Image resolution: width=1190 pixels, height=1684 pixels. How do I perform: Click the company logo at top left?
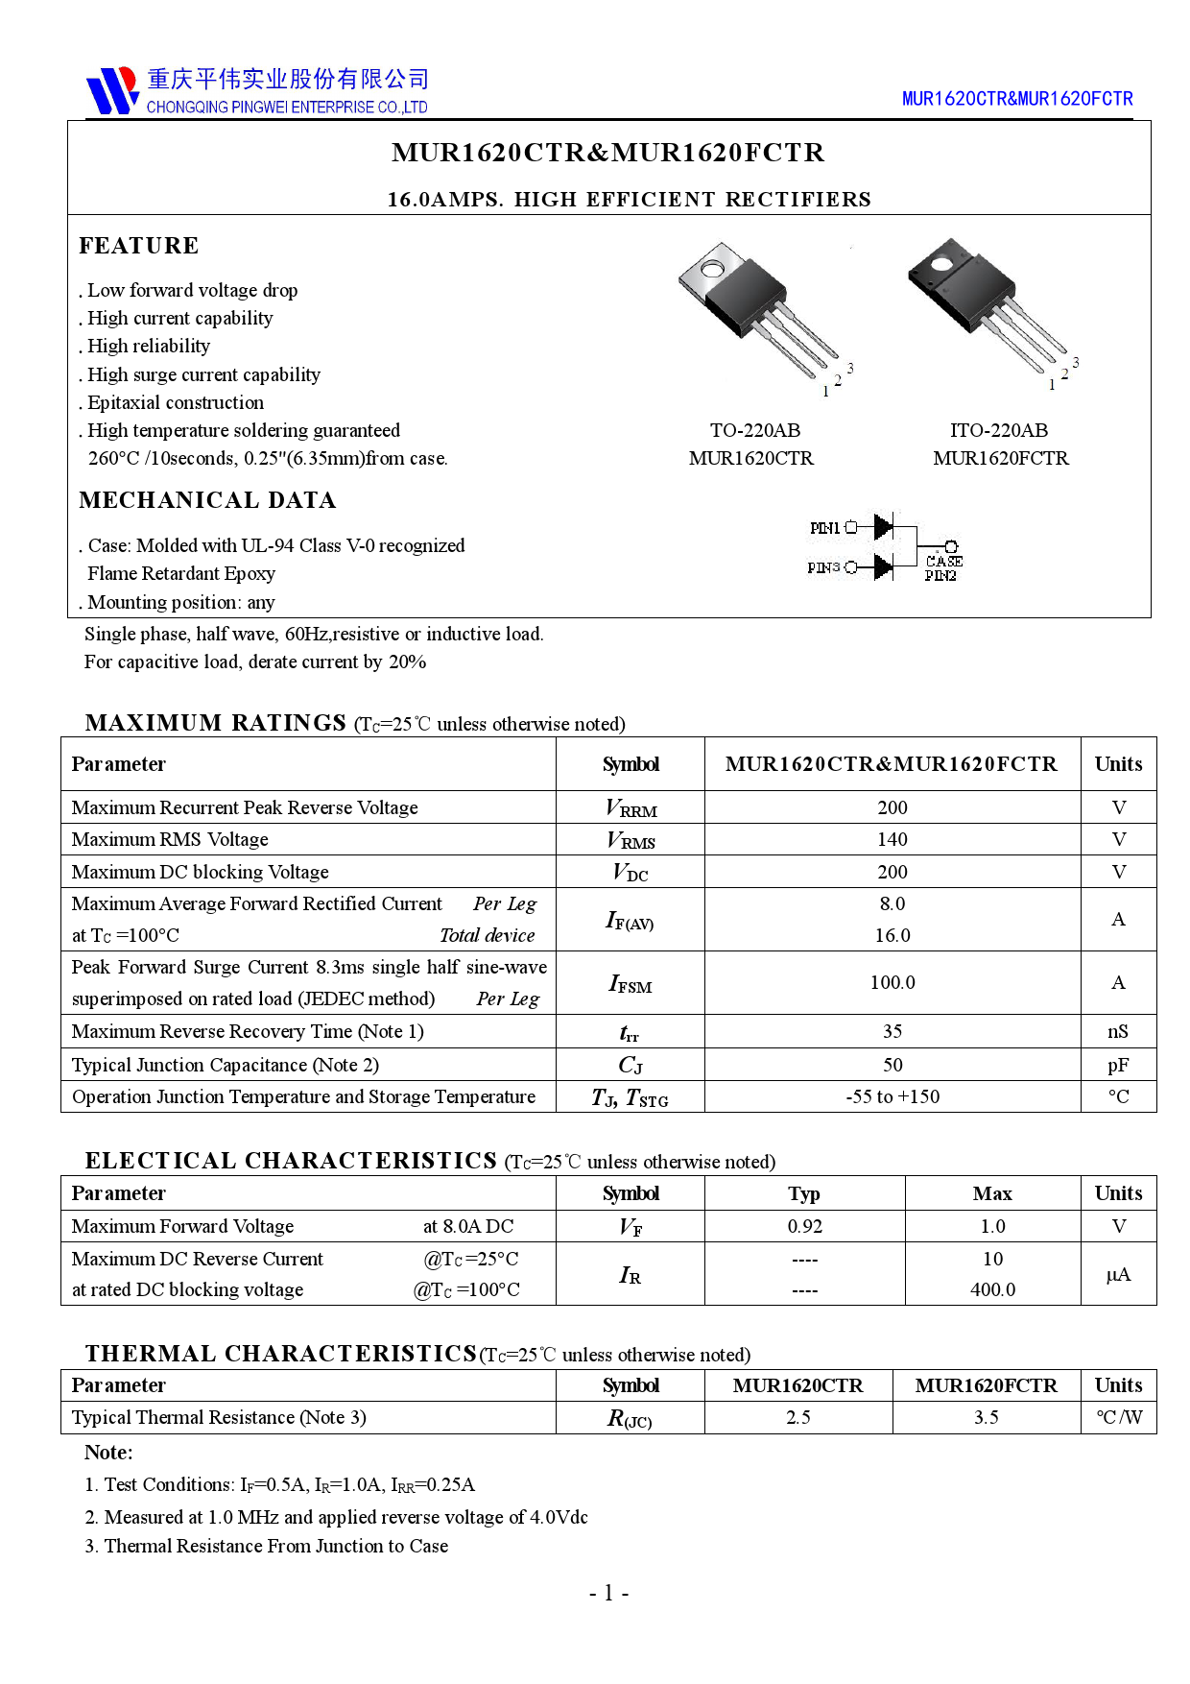112,90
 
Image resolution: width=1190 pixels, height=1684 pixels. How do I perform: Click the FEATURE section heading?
138,246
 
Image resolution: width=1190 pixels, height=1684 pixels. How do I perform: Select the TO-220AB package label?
754,430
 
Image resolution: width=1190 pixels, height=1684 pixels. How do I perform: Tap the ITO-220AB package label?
998,430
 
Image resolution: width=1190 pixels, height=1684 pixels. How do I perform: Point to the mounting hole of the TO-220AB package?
712,269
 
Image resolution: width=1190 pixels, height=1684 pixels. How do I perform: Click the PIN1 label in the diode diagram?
824,528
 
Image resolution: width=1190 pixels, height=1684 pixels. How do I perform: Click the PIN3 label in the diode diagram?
823,567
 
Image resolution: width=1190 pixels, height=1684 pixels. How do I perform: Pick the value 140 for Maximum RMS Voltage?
892,839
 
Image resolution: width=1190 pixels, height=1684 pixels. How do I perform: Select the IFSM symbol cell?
630,983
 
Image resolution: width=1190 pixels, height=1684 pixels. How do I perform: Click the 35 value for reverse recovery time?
892,1031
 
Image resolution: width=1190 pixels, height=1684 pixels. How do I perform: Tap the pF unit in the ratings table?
1118,1065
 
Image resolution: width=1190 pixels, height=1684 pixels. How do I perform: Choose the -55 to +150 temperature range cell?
892,1096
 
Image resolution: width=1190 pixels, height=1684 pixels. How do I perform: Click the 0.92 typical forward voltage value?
804,1226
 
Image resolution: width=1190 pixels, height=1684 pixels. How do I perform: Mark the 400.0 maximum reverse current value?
992,1289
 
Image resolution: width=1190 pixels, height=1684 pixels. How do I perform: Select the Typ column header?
804,1193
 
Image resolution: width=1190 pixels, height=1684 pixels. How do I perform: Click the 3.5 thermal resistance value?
986,1417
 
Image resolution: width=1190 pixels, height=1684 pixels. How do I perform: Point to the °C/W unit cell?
1118,1417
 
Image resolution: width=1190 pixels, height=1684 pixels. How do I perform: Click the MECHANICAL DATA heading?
207,500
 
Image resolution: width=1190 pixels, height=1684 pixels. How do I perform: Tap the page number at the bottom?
608,1594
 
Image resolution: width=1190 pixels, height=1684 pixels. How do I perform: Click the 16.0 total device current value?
892,935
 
